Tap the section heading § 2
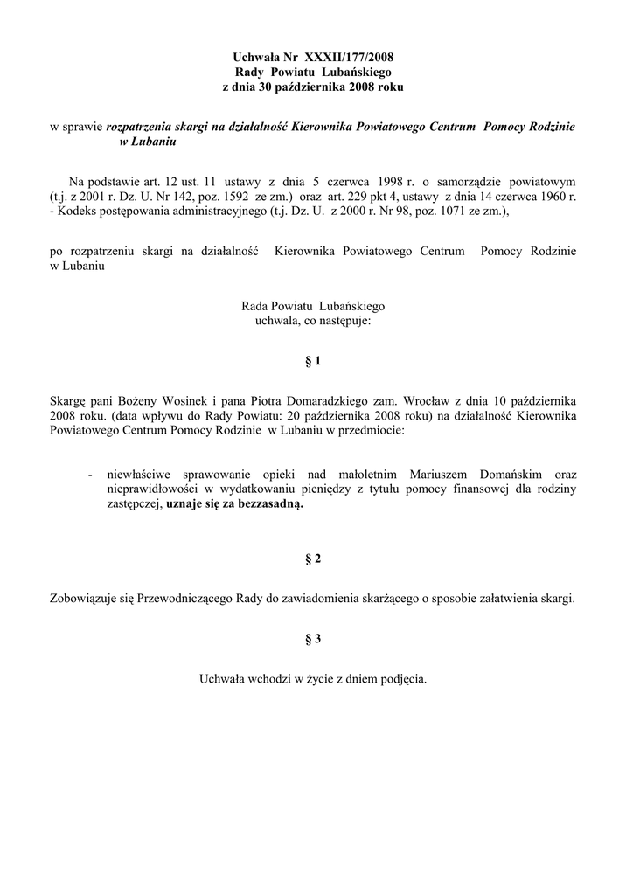313,559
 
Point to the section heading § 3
313,639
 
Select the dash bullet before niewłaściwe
91,474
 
